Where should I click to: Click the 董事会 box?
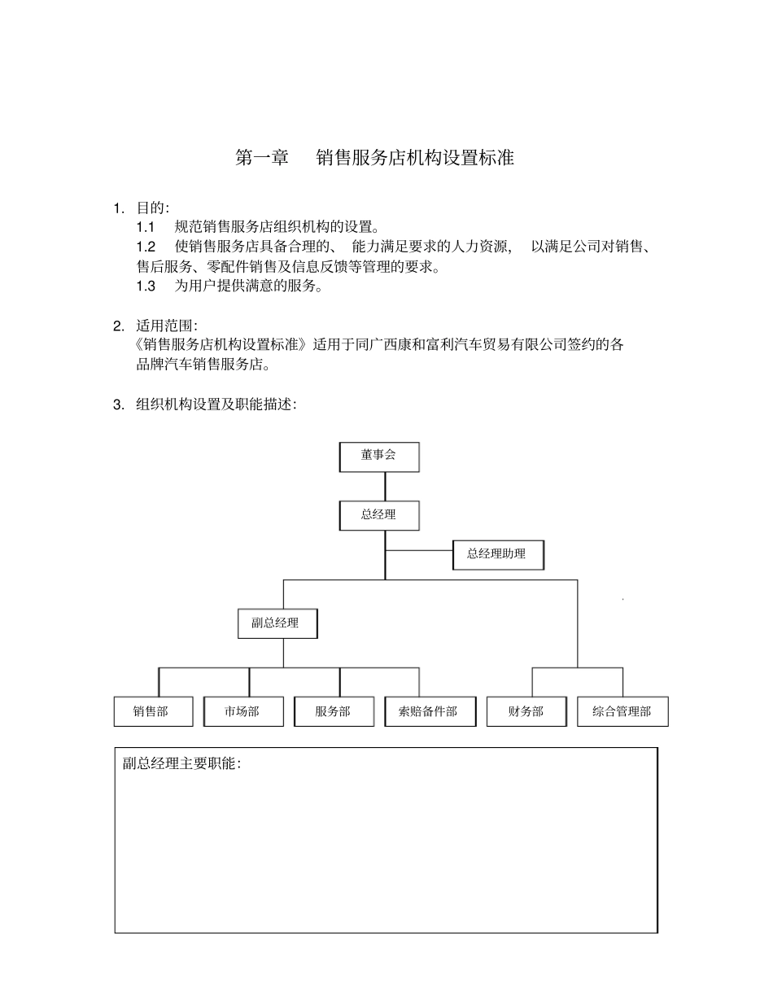coord(379,457)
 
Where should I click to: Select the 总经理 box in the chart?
coord(379,515)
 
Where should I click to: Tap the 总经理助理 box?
coord(497,554)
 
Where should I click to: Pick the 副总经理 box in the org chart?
coord(277,623)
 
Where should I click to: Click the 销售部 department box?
coord(153,711)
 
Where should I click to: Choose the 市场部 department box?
coord(243,711)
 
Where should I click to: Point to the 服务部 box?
coord(334,711)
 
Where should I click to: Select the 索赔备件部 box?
coord(429,711)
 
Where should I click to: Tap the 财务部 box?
coord(526,711)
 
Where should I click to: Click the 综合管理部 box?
coord(622,711)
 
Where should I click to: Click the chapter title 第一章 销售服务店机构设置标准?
coord(374,158)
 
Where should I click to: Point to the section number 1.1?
coord(146,227)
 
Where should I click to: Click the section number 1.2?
coord(146,247)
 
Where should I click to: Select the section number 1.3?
coord(146,286)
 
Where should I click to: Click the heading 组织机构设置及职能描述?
coord(215,404)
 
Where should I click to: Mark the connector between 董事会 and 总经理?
coord(385,486)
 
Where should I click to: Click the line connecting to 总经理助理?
coord(419,550)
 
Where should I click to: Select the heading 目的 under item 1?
coord(151,208)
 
